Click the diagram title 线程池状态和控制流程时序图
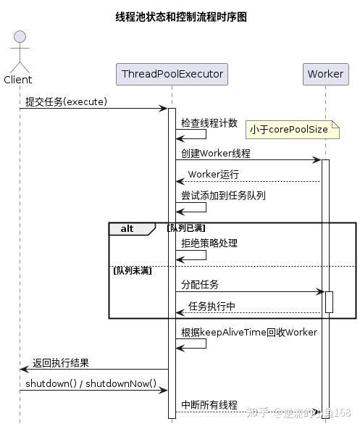click(x=180, y=17)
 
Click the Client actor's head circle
click(x=19, y=37)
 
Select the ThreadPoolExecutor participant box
click(x=172, y=74)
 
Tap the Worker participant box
click(x=325, y=74)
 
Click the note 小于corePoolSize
click(x=288, y=130)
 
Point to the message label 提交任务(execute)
click(x=66, y=101)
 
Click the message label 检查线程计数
click(x=209, y=123)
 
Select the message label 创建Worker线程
click(x=216, y=153)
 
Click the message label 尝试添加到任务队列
click(x=223, y=196)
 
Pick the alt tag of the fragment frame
click(x=127, y=228)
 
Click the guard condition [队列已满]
click(x=185, y=228)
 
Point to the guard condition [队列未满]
click(x=132, y=270)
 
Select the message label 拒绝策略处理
click(x=209, y=243)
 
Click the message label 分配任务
click(x=200, y=285)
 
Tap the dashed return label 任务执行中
click(x=212, y=307)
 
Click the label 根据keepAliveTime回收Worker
click(x=248, y=333)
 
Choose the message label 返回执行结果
click(x=61, y=363)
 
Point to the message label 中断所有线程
click(x=209, y=405)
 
